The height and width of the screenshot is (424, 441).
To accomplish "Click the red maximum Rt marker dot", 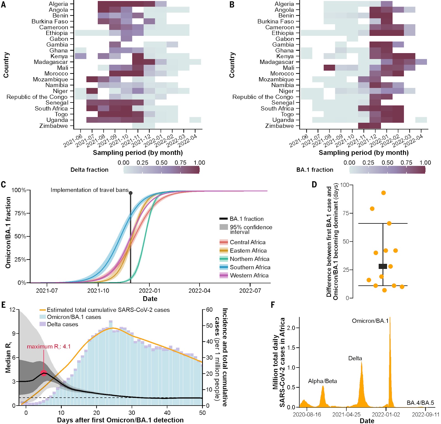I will tap(44, 373).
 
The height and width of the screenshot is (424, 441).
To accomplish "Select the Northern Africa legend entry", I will tap(249, 259).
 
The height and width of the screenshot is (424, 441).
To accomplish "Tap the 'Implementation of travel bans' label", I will tap(90, 190).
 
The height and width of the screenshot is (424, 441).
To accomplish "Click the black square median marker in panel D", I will tap(383, 266).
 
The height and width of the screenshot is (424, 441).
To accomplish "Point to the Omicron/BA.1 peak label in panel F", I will tap(370, 321).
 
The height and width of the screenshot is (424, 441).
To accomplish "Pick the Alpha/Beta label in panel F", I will tap(322, 381).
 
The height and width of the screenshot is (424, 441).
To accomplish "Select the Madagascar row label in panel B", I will tap(276, 62).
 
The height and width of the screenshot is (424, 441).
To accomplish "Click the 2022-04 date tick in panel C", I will tap(199, 291).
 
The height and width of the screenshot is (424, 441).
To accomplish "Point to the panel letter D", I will tap(314, 185).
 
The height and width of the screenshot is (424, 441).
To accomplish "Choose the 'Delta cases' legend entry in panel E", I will tap(62, 324).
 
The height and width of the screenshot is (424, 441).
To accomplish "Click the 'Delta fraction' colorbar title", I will tap(89, 170).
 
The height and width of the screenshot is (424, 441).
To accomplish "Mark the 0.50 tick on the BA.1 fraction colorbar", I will tap(387, 163).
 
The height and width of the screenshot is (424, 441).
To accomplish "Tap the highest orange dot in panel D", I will tap(383, 193).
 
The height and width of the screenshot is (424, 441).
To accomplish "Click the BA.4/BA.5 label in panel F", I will tap(420, 403).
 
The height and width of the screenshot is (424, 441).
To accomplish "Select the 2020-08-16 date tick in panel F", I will tap(307, 414).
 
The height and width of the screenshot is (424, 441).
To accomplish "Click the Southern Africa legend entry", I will tap(250, 267).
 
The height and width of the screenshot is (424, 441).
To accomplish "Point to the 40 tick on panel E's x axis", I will tap(167, 413).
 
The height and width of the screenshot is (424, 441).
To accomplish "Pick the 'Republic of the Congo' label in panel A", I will tap(37, 97).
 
